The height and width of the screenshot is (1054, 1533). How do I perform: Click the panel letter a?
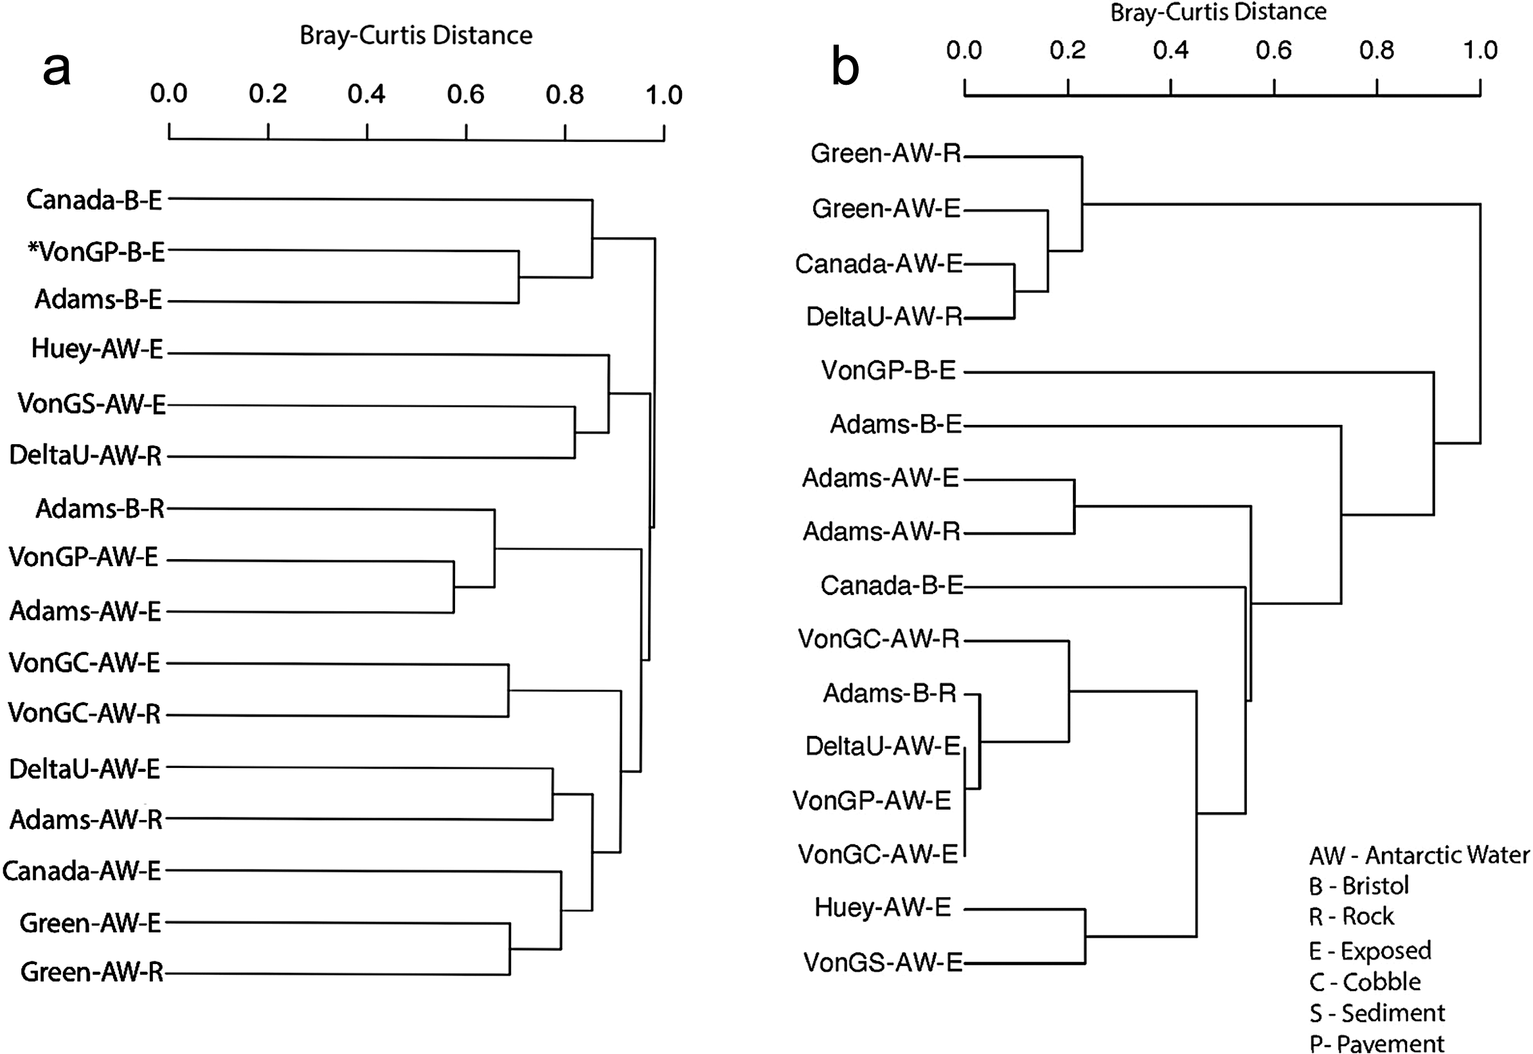56,69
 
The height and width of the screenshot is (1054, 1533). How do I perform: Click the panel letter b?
845,67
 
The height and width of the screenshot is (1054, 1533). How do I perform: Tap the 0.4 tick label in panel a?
366,94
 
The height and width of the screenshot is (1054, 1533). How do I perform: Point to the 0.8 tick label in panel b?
1376,50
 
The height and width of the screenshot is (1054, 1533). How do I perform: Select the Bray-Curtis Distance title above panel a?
416,35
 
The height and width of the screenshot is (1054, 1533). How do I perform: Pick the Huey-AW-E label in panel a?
97,349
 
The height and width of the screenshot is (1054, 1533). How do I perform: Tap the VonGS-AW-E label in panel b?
883,962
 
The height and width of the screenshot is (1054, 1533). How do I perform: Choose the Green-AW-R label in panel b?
886,153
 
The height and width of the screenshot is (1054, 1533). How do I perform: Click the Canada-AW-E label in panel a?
82,870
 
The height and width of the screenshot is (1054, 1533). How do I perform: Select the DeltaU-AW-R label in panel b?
884,316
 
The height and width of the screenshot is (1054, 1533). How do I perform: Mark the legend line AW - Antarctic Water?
1419,855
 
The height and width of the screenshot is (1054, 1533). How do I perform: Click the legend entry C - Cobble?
1365,982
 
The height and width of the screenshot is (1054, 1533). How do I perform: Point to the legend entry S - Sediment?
1377,1012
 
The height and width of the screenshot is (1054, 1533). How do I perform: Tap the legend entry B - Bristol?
1359,886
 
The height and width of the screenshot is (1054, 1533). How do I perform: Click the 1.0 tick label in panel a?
664,95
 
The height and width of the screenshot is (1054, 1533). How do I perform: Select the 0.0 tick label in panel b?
964,50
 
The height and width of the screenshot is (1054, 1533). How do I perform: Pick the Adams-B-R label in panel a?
100,508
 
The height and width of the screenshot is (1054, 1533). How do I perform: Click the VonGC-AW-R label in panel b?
879,639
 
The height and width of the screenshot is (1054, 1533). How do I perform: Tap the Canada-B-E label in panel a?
94,199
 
